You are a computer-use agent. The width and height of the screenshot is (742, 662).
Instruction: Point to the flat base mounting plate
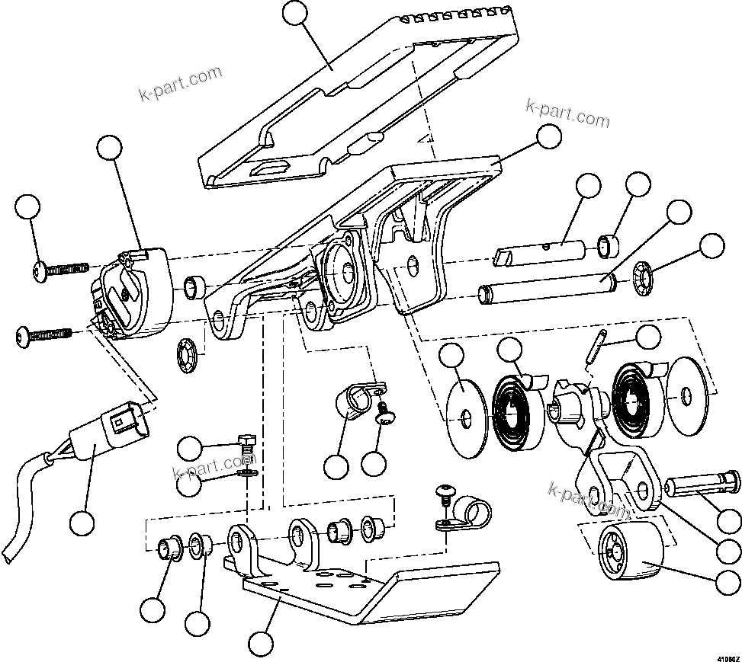click(366, 587)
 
